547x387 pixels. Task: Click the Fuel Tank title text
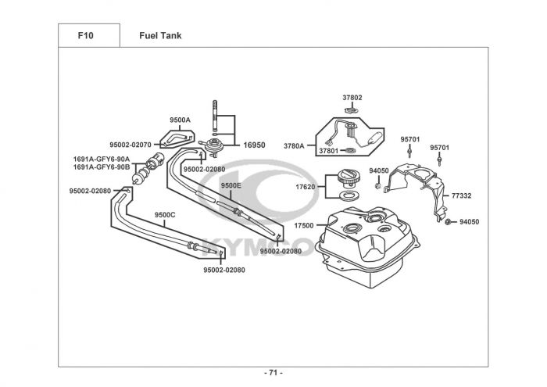pyautogui.click(x=160, y=35)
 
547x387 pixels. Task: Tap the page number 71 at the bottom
pyautogui.click(x=273, y=372)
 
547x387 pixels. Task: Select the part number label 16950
pyautogui.click(x=254, y=145)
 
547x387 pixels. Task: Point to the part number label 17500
pyautogui.click(x=303, y=226)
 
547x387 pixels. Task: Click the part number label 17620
pyautogui.click(x=305, y=188)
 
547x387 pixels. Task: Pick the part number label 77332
pyautogui.click(x=461, y=195)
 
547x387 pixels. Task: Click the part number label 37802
pyautogui.click(x=352, y=98)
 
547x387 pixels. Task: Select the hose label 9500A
pyautogui.click(x=180, y=120)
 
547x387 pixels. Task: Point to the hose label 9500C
pyautogui.click(x=165, y=214)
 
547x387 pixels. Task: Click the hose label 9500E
pyautogui.click(x=231, y=185)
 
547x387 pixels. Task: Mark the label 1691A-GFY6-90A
pyautogui.click(x=102, y=159)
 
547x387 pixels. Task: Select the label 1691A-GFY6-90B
pyautogui.click(x=102, y=167)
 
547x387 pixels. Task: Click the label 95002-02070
pyautogui.click(x=130, y=145)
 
